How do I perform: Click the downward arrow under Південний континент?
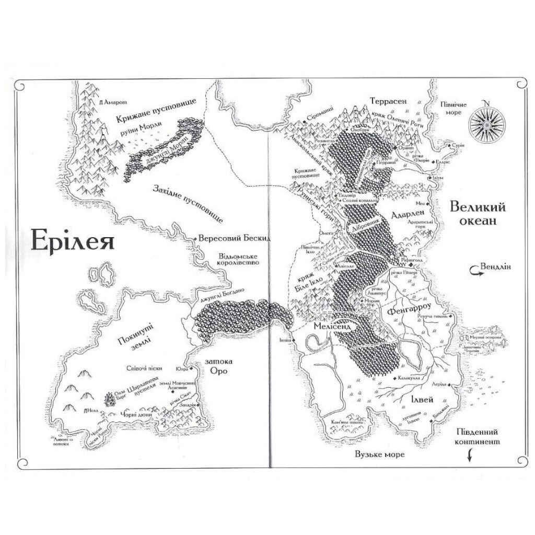point(469,456)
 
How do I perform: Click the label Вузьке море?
point(379,455)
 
